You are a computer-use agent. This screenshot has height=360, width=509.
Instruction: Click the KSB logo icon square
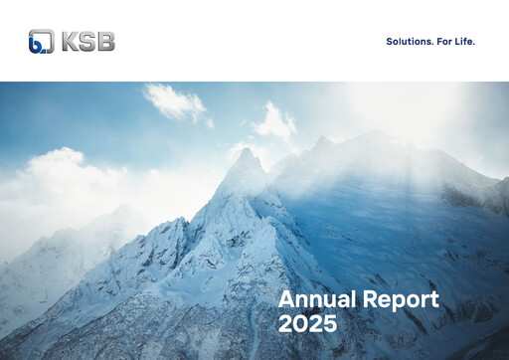click(x=41, y=41)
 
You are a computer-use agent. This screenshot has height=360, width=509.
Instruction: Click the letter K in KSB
click(x=71, y=41)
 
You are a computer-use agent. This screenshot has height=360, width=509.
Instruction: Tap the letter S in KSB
click(x=87, y=41)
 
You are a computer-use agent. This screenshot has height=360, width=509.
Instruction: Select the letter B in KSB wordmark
click(x=105, y=41)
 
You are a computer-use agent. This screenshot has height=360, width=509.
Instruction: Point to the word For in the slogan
click(x=443, y=42)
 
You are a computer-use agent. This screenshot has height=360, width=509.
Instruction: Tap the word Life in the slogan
click(x=465, y=42)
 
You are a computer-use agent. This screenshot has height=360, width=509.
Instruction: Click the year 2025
click(x=307, y=324)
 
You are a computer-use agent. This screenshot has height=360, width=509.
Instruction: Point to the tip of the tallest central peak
click(x=244, y=150)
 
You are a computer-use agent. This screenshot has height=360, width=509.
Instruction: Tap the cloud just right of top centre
click(x=275, y=121)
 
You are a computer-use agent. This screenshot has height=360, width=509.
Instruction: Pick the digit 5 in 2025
click(x=329, y=324)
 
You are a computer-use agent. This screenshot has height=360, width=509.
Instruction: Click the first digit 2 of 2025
click(x=285, y=324)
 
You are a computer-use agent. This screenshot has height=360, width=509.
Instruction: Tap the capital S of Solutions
click(x=389, y=42)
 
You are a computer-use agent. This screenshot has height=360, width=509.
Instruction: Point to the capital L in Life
click(x=457, y=42)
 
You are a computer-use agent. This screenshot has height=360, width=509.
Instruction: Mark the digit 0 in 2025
click(x=300, y=324)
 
